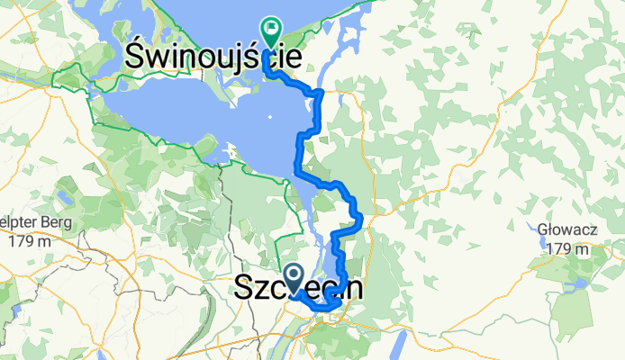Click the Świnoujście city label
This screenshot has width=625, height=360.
(x=213, y=57)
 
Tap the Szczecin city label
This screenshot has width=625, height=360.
(x=299, y=289)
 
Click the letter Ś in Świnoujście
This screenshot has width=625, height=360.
(x=137, y=57)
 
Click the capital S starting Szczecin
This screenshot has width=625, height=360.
(x=244, y=289)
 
